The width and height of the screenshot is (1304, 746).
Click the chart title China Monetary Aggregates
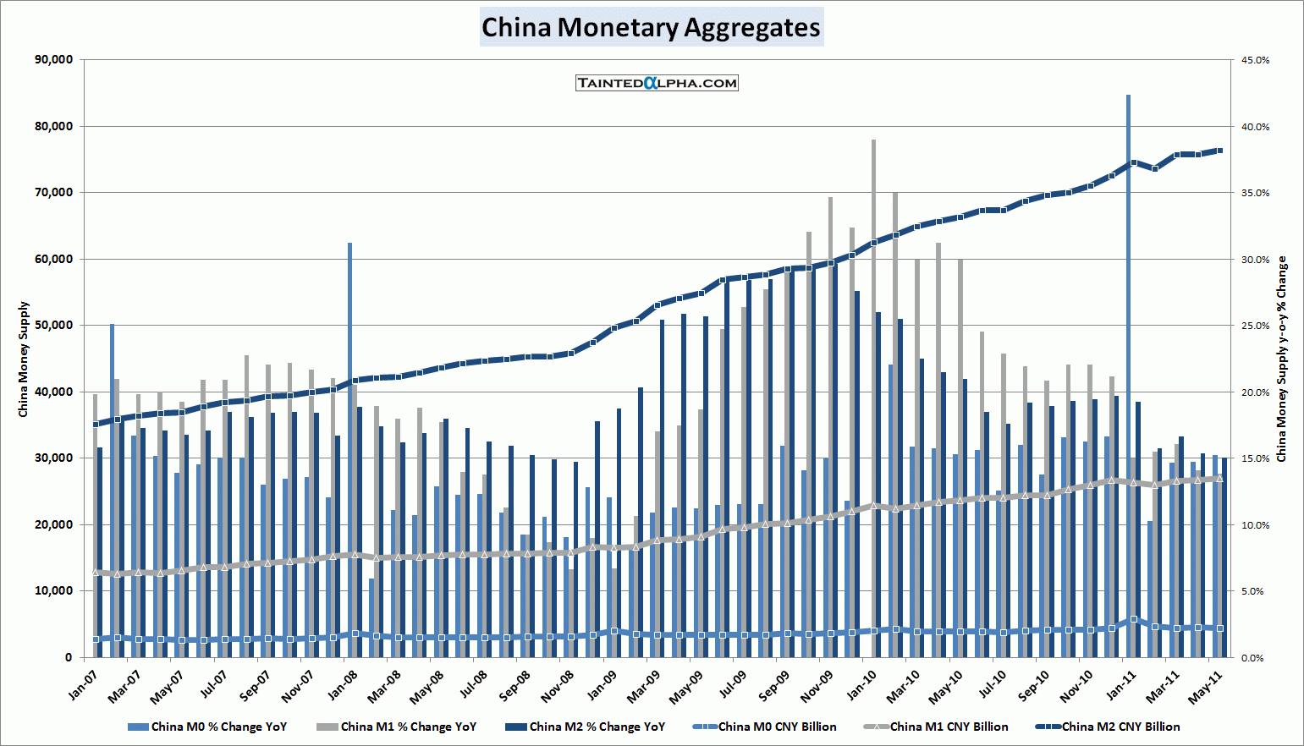click(x=651, y=27)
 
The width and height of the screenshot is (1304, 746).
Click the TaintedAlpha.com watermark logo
click(x=657, y=83)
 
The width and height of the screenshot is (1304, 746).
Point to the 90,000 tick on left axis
click(x=52, y=60)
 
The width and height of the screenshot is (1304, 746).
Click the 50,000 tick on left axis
click(x=52, y=326)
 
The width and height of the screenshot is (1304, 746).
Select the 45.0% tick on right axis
click(x=1255, y=61)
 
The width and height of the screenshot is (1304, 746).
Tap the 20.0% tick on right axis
click(x=1255, y=392)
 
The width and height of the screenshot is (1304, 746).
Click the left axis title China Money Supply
click(x=24, y=359)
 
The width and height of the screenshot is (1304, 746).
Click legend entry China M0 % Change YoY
click(x=218, y=727)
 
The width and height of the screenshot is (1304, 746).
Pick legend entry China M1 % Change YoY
click(x=408, y=727)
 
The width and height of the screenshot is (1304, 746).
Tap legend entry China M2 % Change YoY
click(x=597, y=727)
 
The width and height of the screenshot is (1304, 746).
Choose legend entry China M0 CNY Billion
click(x=777, y=727)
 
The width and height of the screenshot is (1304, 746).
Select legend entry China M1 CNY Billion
click(x=949, y=727)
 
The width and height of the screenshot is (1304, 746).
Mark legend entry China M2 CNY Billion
click(x=1120, y=727)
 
